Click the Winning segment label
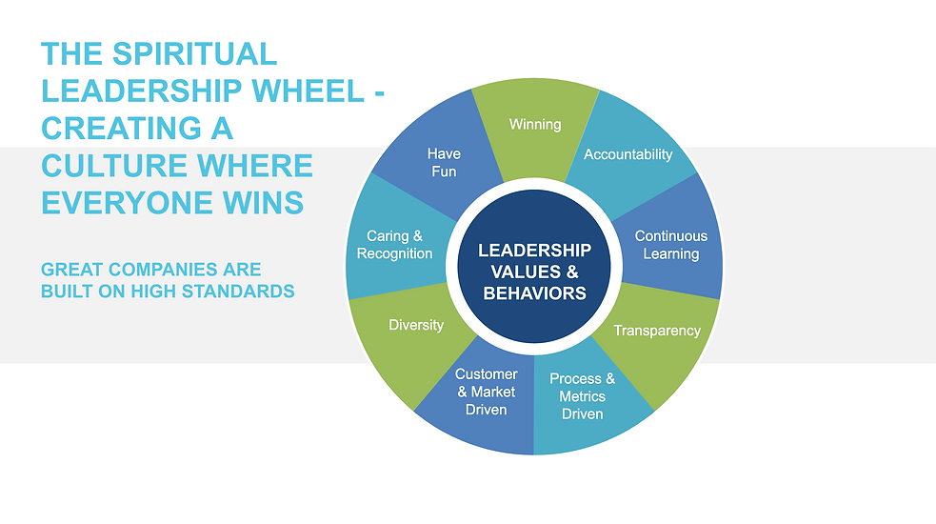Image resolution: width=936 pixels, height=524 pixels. (x=535, y=125)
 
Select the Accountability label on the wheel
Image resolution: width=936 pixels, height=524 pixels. (x=627, y=154)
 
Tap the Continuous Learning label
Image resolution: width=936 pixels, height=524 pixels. (x=671, y=245)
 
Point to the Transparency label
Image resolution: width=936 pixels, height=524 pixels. (x=657, y=331)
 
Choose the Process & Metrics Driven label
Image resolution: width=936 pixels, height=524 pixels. (x=582, y=396)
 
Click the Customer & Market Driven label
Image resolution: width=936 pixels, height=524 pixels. (x=487, y=392)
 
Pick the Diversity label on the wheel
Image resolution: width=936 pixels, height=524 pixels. (x=416, y=325)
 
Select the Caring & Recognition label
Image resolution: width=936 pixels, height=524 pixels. (x=394, y=245)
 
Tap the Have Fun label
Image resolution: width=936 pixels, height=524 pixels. (x=444, y=162)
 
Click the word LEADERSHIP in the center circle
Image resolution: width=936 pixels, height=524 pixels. (x=534, y=251)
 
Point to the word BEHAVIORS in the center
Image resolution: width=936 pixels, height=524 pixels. (x=534, y=293)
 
